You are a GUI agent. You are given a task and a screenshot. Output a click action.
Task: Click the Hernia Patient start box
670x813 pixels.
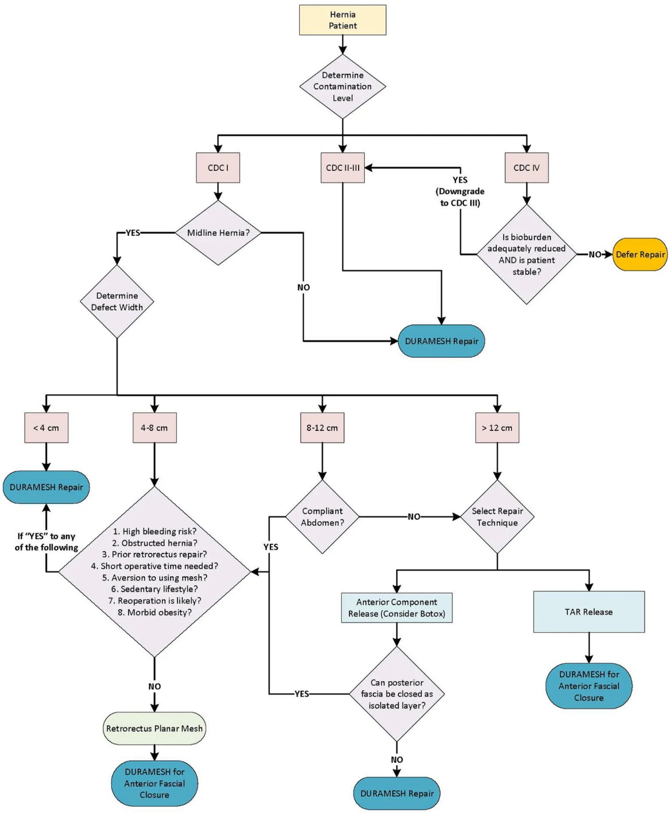click(342, 20)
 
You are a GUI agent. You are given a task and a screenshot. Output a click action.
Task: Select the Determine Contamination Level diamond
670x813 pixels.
click(342, 86)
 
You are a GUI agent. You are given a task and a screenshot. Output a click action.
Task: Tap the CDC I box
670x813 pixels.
click(218, 168)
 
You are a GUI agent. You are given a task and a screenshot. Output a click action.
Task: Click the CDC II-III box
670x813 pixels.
click(342, 168)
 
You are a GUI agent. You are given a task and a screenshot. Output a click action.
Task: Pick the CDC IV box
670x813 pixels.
click(526, 168)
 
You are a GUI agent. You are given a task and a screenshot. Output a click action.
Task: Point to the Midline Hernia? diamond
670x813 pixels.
click(218, 233)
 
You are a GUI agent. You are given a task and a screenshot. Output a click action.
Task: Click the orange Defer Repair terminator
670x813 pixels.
click(640, 255)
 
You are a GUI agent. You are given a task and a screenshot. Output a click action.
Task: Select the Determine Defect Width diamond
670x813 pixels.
click(117, 301)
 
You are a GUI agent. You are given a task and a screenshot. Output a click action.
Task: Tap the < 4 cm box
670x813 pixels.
click(46, 428)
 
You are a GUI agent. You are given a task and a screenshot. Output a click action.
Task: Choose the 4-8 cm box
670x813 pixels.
click(154, 428)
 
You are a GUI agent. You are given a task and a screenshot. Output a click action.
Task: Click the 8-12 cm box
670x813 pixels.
click(322, 428)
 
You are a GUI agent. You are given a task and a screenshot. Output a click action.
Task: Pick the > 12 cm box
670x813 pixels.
click(497, 428)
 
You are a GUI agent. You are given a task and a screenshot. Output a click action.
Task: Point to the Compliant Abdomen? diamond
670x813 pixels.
click(322, 517)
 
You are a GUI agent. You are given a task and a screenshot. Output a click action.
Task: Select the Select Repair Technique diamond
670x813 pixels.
click(497, 517)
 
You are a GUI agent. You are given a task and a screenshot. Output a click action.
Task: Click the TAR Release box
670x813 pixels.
click(589, 612)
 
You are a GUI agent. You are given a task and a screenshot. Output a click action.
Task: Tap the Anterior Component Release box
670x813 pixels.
click(396, 608)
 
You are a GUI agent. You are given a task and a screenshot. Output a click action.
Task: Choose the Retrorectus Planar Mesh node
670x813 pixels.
click(154, 728)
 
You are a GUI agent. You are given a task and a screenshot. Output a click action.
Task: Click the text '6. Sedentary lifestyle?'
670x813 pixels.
click(154, 589)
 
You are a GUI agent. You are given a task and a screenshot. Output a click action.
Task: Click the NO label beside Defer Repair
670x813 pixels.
click(595, 255)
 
